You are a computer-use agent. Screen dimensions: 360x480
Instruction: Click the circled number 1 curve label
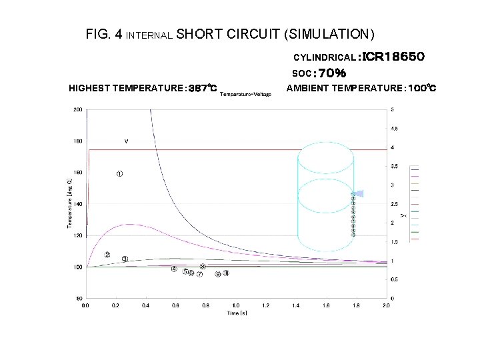click(x=119, y=174)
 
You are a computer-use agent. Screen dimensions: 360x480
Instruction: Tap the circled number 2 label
click(x=107, y=255)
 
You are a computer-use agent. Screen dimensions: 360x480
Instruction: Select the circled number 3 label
click(x=125, y=259)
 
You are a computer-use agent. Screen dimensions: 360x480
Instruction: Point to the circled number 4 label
click(x=174, y=269)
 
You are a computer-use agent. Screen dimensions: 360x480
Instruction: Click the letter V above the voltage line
click(x=126, y=141)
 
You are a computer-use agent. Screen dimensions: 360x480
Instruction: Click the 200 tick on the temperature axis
click(x=78, y=109)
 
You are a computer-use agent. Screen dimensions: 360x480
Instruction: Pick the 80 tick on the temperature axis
click(x=79, y=299)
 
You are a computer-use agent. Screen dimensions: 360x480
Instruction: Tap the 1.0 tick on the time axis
click(x=235, y=305)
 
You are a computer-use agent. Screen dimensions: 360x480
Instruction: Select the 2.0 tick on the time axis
click(x=386, y=305)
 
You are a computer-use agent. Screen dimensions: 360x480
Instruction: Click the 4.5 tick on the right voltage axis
click(x=394, y=128)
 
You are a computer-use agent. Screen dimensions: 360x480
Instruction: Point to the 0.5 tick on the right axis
click(x=394, y=279)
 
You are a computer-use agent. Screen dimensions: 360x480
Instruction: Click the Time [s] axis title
click(x=235, y=313)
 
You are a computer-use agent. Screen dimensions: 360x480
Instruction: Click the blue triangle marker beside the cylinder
click(x=359, y=193)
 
